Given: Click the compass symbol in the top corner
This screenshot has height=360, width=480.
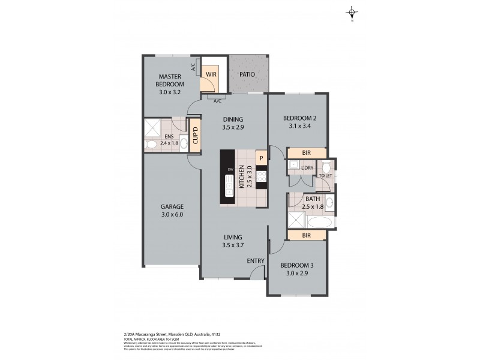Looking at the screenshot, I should pos(352,13).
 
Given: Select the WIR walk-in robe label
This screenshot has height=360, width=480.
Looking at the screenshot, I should pos(211,74).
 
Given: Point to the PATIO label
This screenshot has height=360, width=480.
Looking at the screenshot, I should pos(247,74).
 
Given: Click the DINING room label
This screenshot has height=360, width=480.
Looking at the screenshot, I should pos(232,119).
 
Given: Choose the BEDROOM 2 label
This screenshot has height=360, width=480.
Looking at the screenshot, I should pos(299,118).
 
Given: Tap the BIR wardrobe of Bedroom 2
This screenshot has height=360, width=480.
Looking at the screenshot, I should pos(307,153).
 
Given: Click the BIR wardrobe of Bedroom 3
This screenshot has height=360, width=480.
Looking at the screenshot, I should pos(306,236).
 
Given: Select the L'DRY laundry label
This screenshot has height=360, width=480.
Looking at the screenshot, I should pos(307,167).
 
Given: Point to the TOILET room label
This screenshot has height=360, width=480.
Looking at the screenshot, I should pos(325,176).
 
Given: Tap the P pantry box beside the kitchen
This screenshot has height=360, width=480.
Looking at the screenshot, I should pos(261,158).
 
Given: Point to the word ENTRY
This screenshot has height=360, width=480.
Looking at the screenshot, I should pos(256,260).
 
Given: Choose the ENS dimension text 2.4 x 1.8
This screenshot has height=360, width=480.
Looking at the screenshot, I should pos(169,143).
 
